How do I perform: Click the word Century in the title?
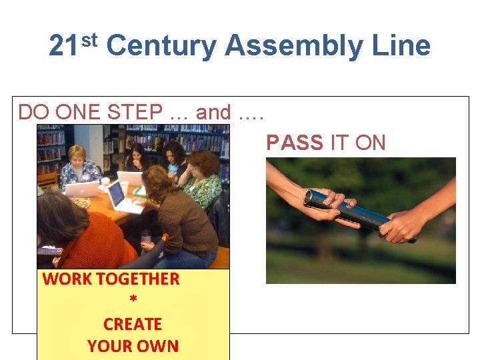point(161,46)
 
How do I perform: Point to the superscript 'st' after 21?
point(90,39)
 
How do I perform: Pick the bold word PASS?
point(295,143)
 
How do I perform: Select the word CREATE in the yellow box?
point(133,324)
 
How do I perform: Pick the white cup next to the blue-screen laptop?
point(105,183)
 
